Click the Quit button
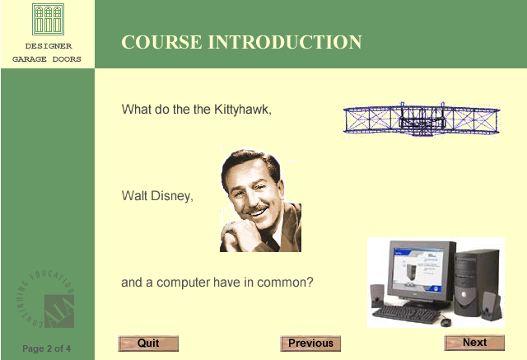point(148,344)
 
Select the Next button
point(474,343)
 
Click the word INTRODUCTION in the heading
point(285,42)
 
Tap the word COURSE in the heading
point(161,42)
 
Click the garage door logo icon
point(48,19)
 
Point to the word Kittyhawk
point(242,110)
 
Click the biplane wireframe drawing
point(422,119)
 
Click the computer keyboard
point(406,314)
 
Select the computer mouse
point(445,322)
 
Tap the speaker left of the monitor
point(377,296)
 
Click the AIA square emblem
point(59,311)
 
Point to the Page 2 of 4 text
point(46,348)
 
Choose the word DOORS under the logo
point(67,59)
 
